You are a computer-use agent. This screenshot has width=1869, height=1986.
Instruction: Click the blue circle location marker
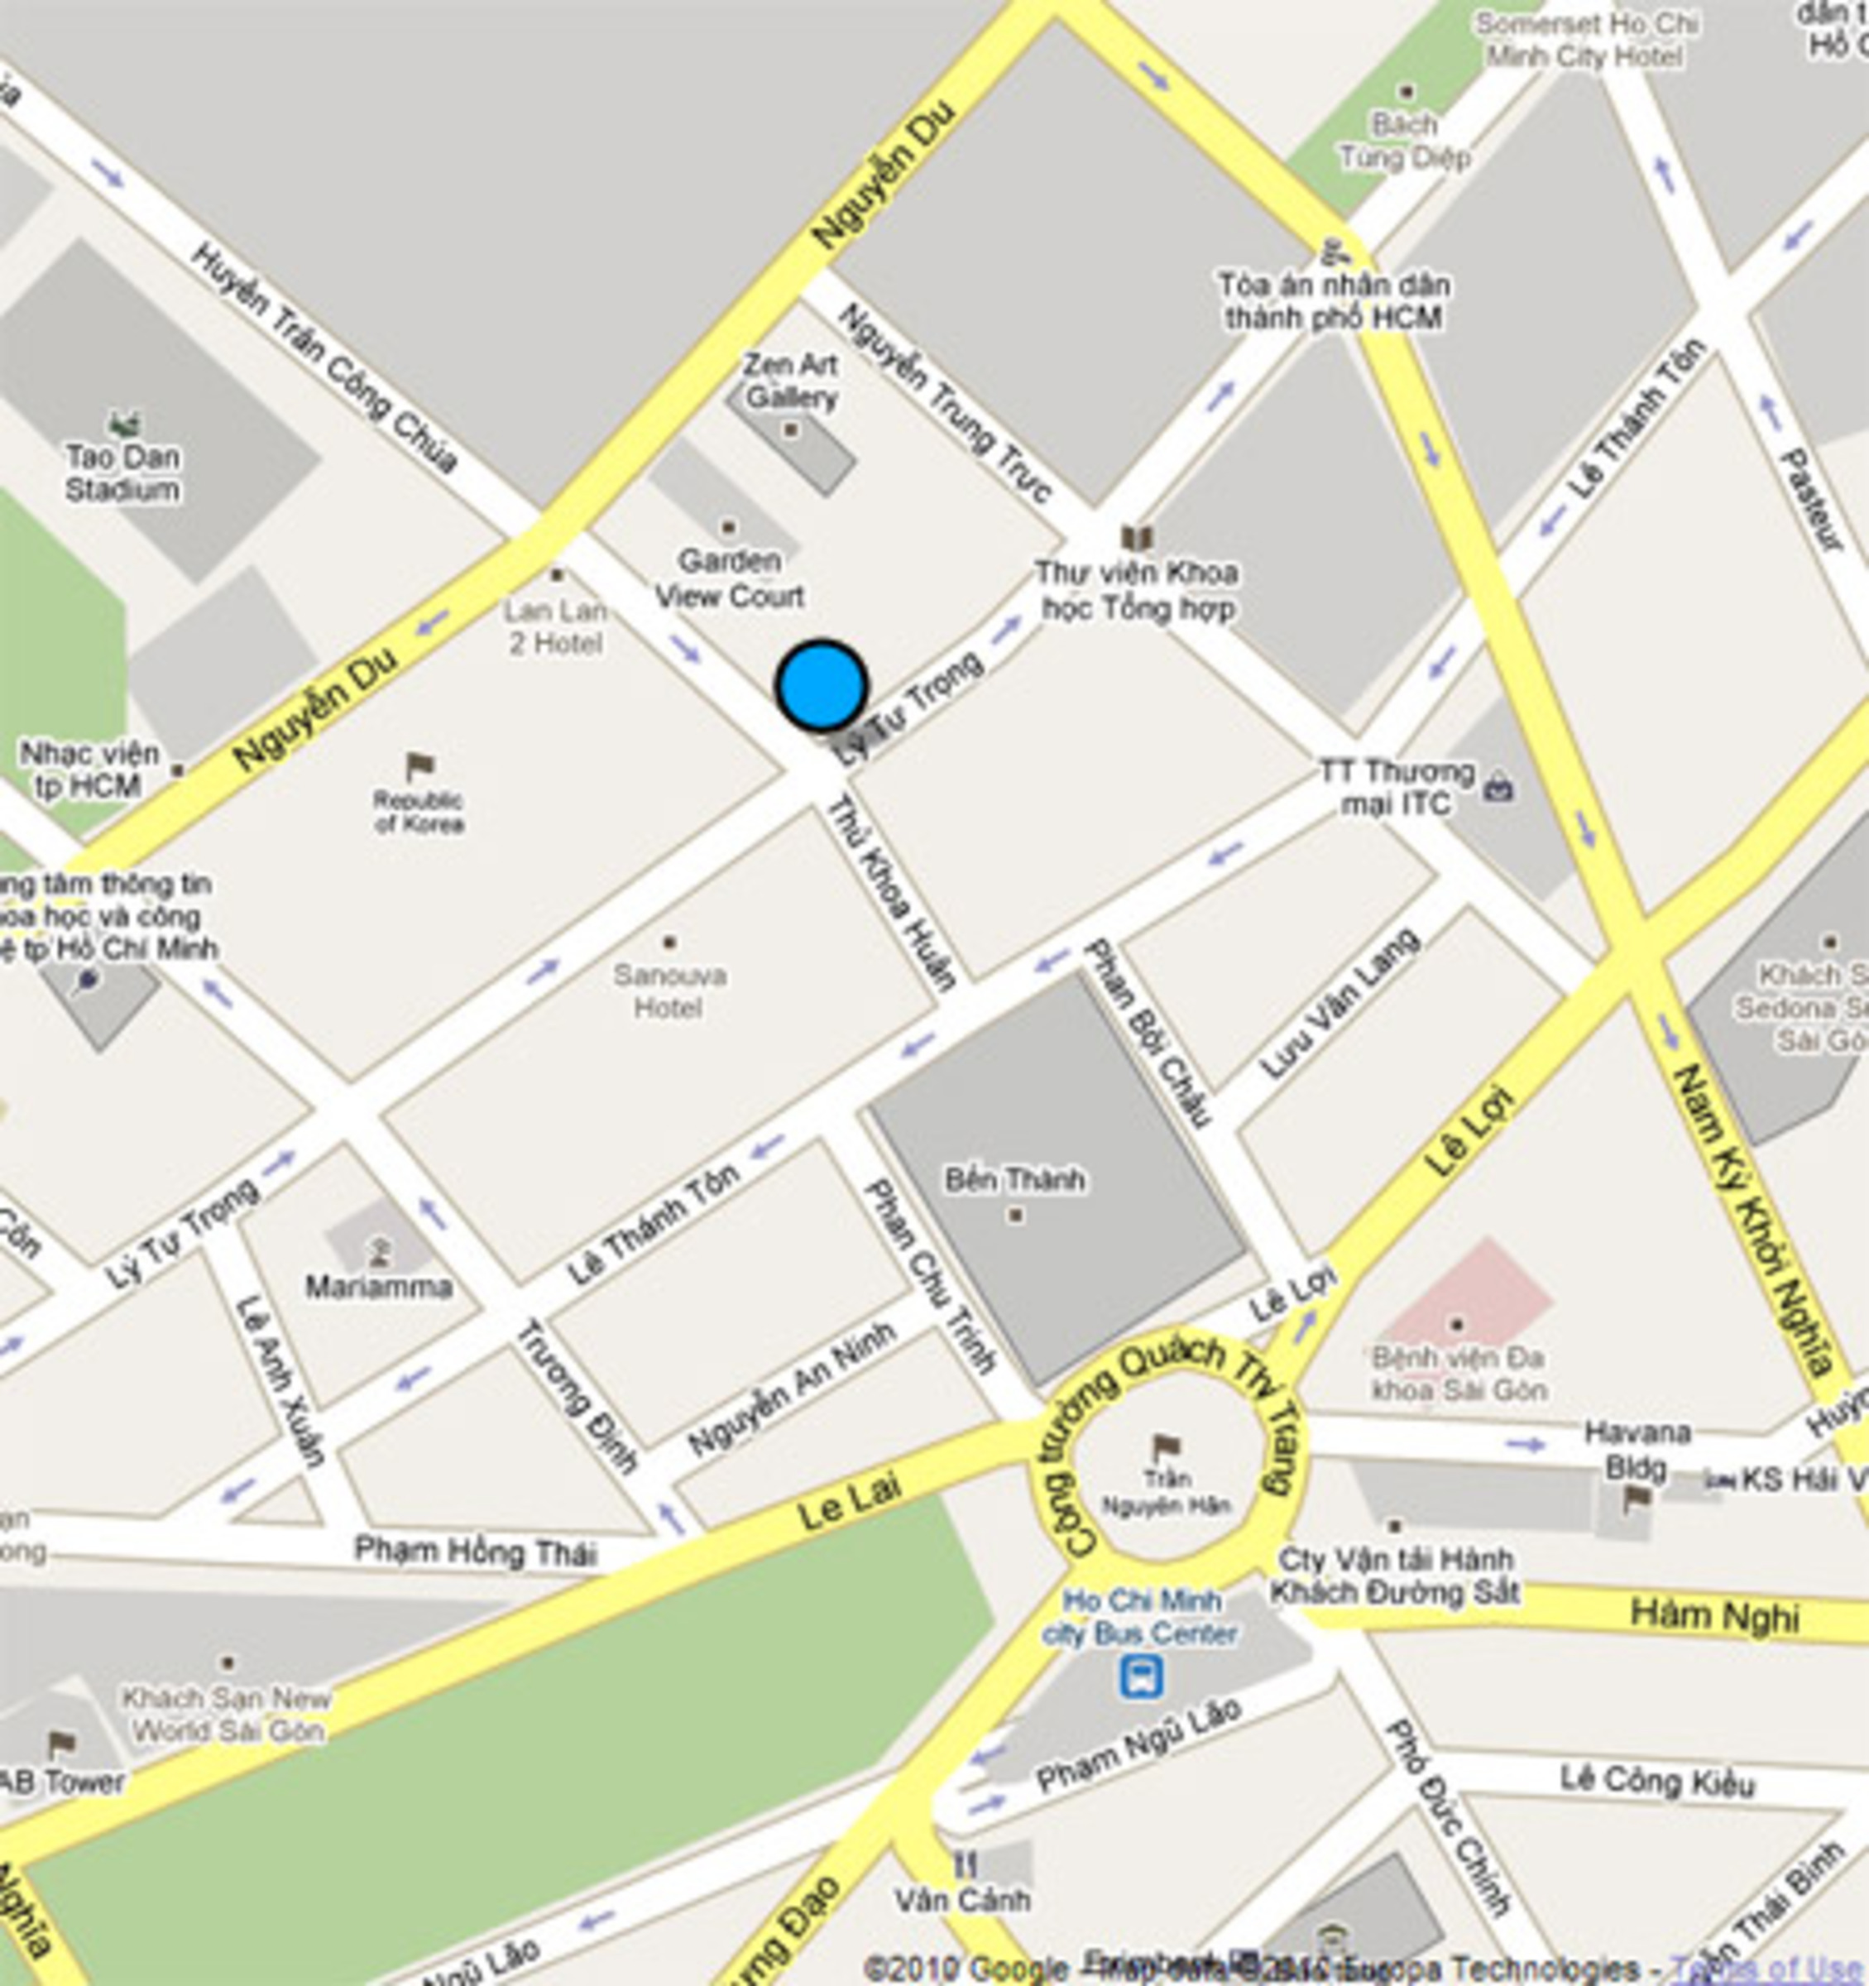click(x=821, y=686)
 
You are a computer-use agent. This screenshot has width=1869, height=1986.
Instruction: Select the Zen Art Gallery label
click(x=791, y=381)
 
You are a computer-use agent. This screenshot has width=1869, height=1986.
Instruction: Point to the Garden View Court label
click(x=729, y=578)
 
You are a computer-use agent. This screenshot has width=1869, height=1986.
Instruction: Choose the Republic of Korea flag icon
click(x=419, y=767)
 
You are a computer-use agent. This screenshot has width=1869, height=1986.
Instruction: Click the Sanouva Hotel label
click(x=669, y=991)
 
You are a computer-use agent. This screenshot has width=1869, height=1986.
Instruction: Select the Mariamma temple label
click(x=379, y=1286)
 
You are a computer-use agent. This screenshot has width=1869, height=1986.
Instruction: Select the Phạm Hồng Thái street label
click(x=476, y=1551)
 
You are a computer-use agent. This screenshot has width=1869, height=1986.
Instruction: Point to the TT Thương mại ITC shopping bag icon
click(x=1499, y=789)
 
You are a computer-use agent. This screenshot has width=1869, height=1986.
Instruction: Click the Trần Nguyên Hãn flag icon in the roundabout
click(x=1166, y=1445)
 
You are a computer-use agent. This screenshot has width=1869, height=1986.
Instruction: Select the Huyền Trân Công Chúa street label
click(x=323, y=357)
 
